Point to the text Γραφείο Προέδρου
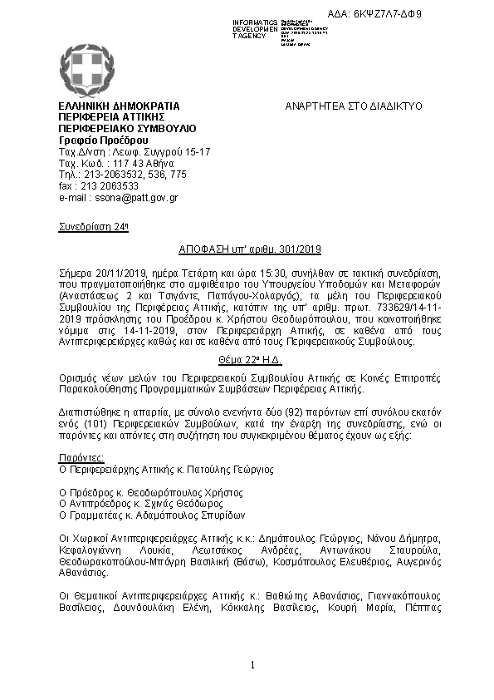(91, 141)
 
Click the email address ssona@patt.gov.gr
(120, 198)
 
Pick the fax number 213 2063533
(104, 186)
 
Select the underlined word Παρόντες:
(81, 458)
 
